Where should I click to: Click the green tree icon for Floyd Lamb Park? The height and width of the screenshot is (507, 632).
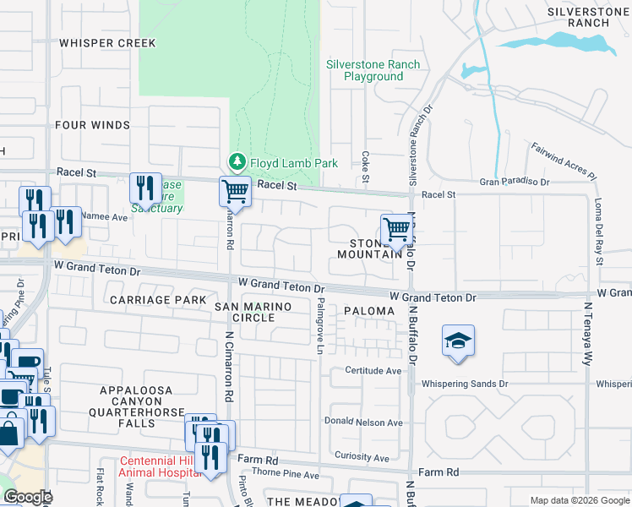(x=237, y=161)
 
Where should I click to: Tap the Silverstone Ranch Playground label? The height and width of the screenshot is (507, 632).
(x=373, y=70)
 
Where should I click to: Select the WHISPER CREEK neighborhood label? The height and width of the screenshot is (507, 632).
(x=107, y=42)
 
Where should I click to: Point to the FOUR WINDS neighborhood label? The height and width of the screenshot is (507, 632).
(x=92, y=125)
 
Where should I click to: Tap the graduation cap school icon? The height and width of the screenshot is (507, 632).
(x=458, y=341)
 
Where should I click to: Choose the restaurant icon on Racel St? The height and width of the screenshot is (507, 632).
(x=145, y=188)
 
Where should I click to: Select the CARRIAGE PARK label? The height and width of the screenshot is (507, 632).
(x=158, y=300)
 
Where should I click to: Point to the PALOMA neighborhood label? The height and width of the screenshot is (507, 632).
(x=369, y=311)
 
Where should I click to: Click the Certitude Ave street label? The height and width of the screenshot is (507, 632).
(x=373, y=371)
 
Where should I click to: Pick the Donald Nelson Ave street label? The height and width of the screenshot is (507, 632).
(x=364, y=422)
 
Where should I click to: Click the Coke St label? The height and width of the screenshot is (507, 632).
(x=366, y=166)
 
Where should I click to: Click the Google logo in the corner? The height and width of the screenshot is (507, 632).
(x=28, y=497)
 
